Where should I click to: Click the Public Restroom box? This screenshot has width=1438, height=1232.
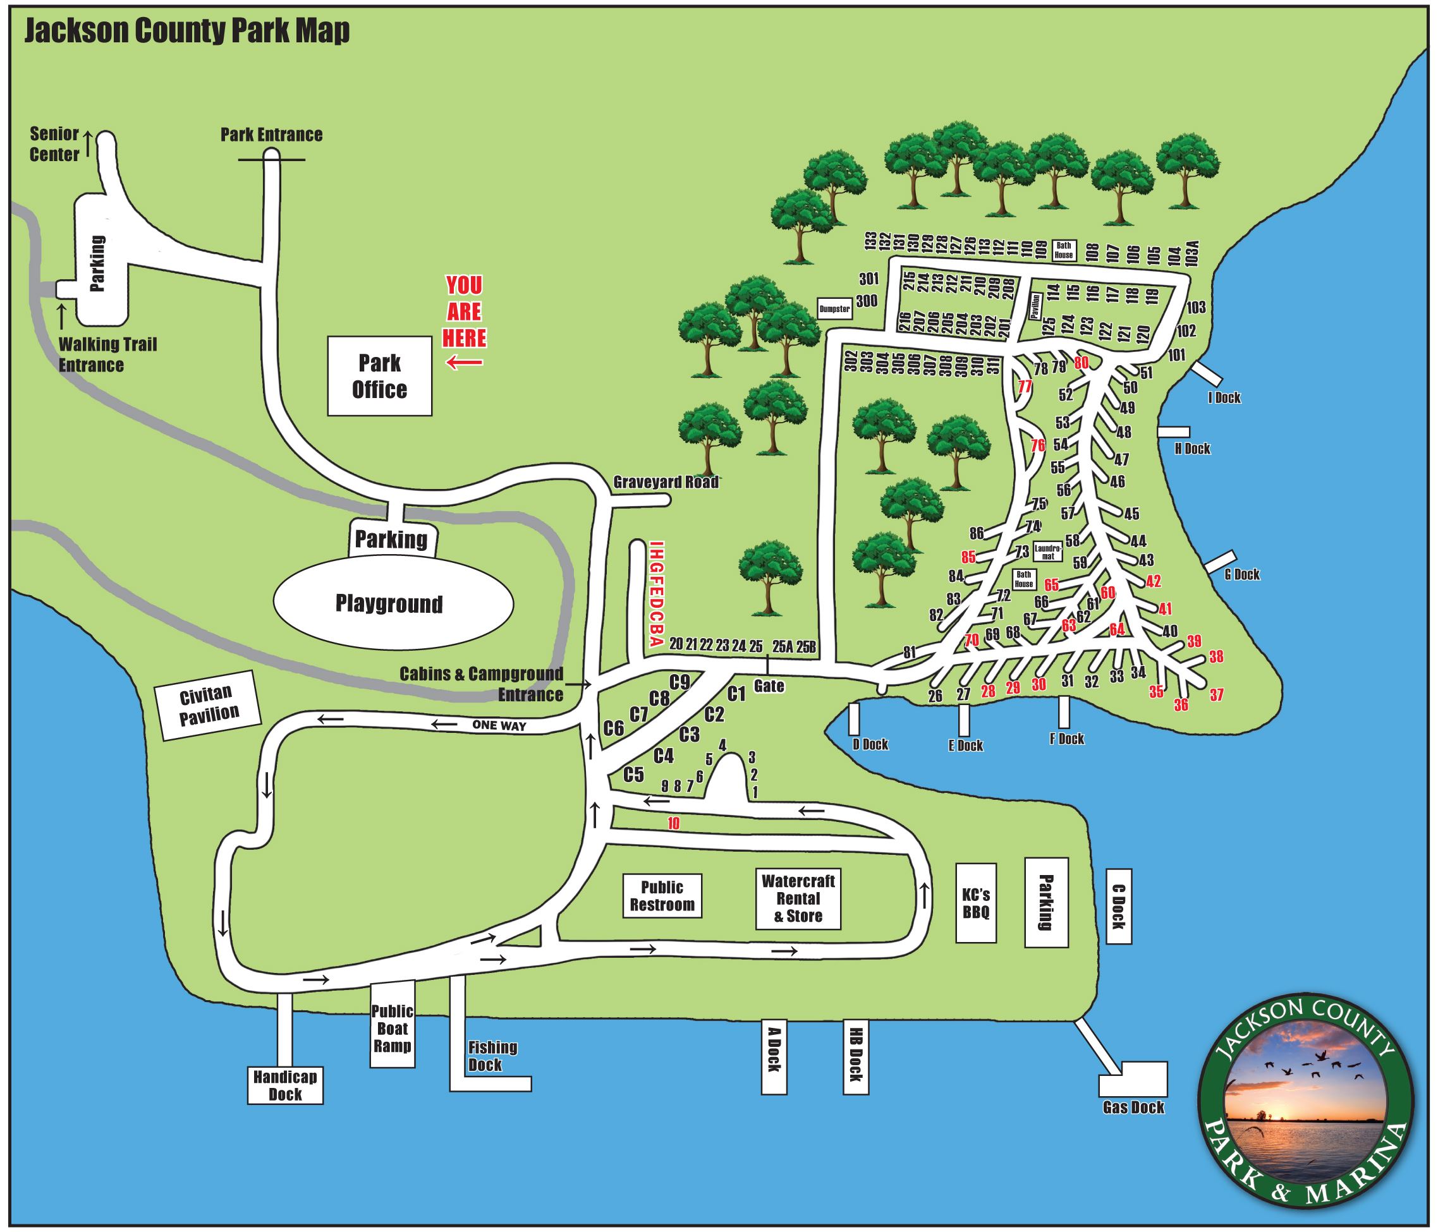pos(661,895)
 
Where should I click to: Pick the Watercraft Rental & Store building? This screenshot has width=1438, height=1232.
pos(798,898)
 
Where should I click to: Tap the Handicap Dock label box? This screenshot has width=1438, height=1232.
pos(285,1085)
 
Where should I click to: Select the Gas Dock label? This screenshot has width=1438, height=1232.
pos(1133,1107)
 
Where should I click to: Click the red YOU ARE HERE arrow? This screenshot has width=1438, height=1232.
pos(465,362)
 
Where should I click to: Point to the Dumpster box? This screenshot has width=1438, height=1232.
pos(834,309)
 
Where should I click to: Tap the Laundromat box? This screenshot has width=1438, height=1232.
pos(1048,552)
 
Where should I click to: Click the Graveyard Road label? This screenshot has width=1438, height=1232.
pos(666,482)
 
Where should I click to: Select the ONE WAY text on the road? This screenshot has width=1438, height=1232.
pos(499,725)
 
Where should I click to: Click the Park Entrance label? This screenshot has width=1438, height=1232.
pos(271,135)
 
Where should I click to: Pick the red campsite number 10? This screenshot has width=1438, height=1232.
pos(673,824)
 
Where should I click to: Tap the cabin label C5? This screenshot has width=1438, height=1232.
pos(633,775)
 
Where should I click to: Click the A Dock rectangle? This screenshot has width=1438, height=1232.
pos(774,1056)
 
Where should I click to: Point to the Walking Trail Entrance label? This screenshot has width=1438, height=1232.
pos(107,354)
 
